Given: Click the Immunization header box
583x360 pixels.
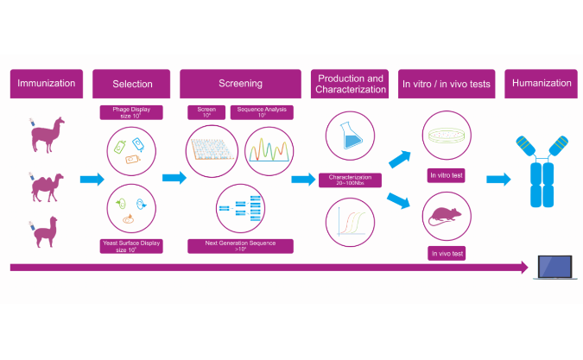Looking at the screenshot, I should point(48,84).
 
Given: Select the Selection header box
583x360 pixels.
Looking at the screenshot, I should point(132,84).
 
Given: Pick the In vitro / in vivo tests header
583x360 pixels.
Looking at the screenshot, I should point(447,84).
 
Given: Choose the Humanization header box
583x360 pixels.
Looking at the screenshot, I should point(542,84).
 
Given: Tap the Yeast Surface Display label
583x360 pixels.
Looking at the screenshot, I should point(132,245).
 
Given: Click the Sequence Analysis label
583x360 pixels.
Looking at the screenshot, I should point(262,112).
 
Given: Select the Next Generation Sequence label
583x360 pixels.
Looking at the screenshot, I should point(240,245).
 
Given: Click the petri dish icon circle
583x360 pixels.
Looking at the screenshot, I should point(447,138).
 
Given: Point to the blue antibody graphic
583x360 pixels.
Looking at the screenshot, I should point(541,171).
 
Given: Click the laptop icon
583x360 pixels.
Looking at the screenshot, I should point(557,267).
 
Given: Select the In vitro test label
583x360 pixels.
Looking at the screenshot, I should point(447,175).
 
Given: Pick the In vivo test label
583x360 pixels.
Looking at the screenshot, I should point(447,254).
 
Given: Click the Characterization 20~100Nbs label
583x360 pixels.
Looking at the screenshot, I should point(350,180).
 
